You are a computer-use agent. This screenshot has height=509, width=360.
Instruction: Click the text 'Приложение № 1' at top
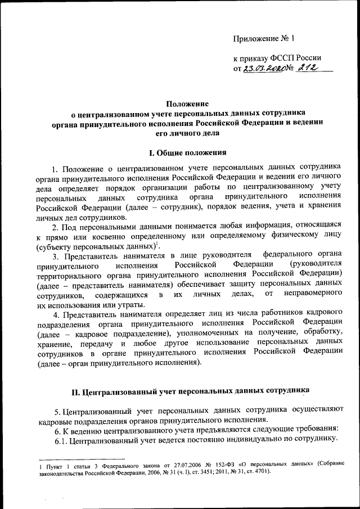pos(264,39)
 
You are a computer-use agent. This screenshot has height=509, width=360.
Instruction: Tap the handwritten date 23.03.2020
pos(265,69)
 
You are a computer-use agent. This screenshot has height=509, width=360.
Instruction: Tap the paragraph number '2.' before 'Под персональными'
pos(55,227)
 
